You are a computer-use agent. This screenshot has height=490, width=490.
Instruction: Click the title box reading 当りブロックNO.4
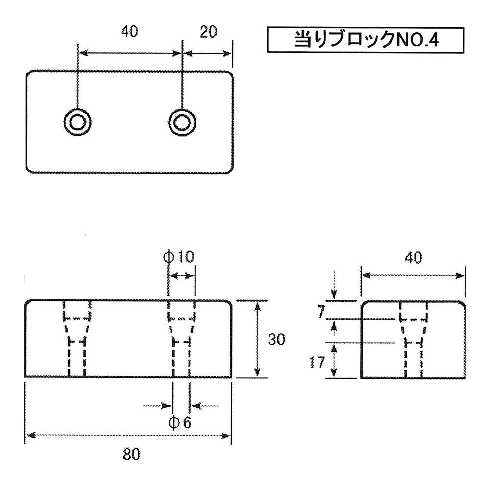click(365, 40)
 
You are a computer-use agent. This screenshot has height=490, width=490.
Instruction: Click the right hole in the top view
click(182, 121)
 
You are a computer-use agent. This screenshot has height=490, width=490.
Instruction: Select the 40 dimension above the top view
click(129, 32)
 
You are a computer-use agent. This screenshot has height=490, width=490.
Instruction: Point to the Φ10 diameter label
click(179, 256)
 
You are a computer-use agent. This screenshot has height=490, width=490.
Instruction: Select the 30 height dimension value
click(277, 340)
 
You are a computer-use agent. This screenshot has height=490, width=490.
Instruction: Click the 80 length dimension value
click(131, 454)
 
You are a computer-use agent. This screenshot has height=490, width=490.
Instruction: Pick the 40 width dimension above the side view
click(413, 257)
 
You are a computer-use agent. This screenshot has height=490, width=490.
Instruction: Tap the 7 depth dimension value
click(321, 312)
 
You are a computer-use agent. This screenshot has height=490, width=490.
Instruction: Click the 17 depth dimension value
click(318, 363)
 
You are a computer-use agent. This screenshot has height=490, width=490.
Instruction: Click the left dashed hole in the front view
click(77, 339)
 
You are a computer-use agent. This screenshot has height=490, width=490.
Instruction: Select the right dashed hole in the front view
click(181, 339)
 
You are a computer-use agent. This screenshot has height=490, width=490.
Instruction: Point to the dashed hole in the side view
click(413, 339)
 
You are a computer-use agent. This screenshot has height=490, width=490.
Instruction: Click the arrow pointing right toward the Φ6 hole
click(157, 405)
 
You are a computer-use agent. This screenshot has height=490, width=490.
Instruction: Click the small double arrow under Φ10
click(181, 276)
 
